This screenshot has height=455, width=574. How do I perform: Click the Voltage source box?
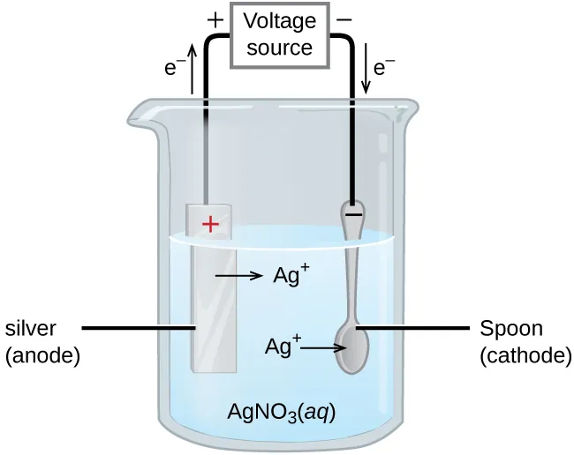pyautogui.click(x=278, y=34)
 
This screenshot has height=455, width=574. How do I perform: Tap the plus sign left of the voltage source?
pyautogui.click(x=214, y=18)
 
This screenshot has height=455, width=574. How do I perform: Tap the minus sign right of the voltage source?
pyautogui.click(x=345, y=18)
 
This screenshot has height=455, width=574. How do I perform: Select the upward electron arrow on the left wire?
pyautogui.click(x=193, y=70)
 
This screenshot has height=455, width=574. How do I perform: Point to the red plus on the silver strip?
pyautogui.click(x=210, y=225)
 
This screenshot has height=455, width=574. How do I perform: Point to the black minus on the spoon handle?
pyautogui.click(x=352, y=213)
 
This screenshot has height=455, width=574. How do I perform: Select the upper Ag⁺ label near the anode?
pyautogui.click(x=291, y=275)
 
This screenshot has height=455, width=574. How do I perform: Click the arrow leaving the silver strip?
pyautogui.click(x=238, y=277)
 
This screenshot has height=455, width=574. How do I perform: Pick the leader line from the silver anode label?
pyautogui.click(x=137, y=328)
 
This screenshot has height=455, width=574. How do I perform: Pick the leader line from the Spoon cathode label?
pyautogui.click(x=413, y=328)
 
